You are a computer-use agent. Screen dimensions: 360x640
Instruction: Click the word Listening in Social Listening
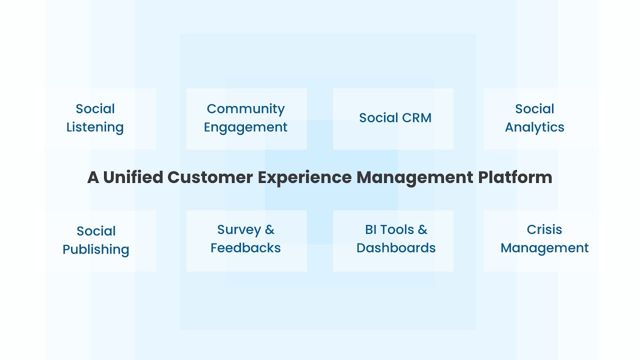95,127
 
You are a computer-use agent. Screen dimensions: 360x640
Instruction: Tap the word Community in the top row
245,109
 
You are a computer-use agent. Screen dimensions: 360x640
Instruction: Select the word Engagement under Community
245,127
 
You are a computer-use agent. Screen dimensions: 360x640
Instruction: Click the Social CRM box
393,118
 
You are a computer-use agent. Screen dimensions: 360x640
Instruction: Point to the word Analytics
534,127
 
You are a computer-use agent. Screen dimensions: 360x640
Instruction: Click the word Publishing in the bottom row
96,249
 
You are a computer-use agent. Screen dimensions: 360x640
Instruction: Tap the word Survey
239,230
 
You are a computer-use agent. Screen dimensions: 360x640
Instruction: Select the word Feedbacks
245,248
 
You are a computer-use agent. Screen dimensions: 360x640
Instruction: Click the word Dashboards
396,248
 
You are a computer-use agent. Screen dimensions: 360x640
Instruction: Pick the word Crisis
544,230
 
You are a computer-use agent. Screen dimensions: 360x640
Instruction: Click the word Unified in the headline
133,177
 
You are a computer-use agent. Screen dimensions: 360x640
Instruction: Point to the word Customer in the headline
210,177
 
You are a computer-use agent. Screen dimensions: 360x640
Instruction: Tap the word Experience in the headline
304,177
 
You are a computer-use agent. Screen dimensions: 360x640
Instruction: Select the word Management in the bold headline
414,177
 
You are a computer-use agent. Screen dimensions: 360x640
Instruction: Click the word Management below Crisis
544,248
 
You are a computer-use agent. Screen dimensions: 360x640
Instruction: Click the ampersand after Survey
269,230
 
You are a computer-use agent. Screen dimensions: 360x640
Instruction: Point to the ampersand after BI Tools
422,230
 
